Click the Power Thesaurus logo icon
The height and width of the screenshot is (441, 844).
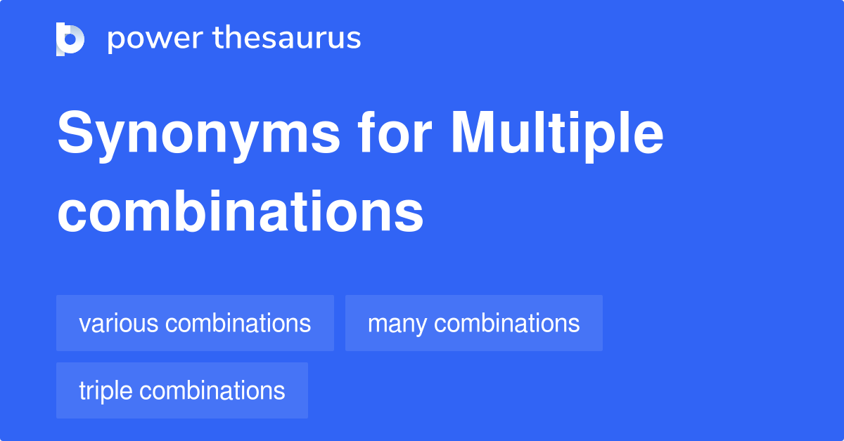pos(70,39)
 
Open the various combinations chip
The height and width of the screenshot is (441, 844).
pos(195,323)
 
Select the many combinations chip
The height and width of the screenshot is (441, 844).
pos(473,323)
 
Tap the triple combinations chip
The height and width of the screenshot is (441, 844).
pos(181,390)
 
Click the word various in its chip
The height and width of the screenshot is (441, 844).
pos(118,323)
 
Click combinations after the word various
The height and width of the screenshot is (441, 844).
pos(238,323)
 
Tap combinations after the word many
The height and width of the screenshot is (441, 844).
pos(507,323)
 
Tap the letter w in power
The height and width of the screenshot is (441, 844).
pos(162,41)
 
